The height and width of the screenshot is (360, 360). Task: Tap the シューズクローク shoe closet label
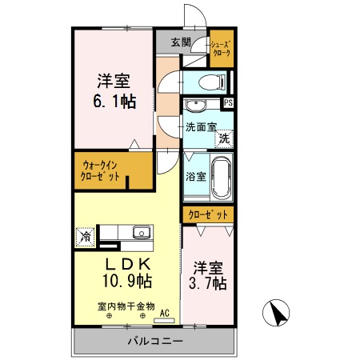220,48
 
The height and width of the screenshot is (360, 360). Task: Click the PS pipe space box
229,102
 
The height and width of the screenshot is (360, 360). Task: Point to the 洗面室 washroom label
200,126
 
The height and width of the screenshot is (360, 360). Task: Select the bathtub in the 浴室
222,178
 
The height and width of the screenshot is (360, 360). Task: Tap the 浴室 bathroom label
196,176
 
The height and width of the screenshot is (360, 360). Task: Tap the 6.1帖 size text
114,101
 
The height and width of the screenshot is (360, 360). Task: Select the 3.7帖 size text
207,283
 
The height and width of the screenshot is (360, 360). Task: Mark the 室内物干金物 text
126,306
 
